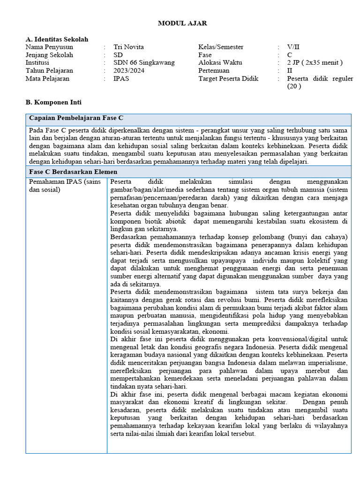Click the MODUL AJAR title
(182, 23)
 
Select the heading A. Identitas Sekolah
(57, 39)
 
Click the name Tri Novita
(128, 47)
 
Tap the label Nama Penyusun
(49, 47)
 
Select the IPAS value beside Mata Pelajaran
(121, 79)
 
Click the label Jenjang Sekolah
(49, 55)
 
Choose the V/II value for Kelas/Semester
(293, 47)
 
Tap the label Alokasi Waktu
(219, 63)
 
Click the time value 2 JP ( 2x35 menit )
(315, 63)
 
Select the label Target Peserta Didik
(228, 79)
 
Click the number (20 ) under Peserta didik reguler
(294, 86)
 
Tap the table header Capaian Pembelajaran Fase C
(76, 118)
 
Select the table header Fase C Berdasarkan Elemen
(73, 172)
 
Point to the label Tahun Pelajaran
(49, 71)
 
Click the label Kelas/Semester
(221, 47)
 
